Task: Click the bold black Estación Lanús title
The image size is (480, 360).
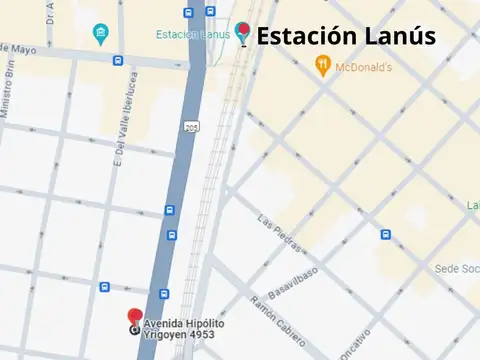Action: click(346, 37)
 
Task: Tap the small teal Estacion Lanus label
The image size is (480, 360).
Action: click(192, 35)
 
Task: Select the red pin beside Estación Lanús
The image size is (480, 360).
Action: click(243, 32)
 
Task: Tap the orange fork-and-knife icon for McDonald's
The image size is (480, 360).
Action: click(323, 66)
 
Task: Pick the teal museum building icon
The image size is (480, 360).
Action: click(100, 36)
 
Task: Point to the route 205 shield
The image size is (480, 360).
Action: click(190, 127)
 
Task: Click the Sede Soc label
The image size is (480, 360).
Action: click(458, 268)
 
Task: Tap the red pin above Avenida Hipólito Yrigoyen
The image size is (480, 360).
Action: click(135, 316)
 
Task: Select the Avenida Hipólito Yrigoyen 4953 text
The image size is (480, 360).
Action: click(184, 330)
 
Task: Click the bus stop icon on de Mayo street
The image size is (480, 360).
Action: click(119, 60)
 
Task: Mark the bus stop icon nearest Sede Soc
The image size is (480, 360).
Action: click(385, 235)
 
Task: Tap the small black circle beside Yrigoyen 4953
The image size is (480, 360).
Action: click(136, 329)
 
